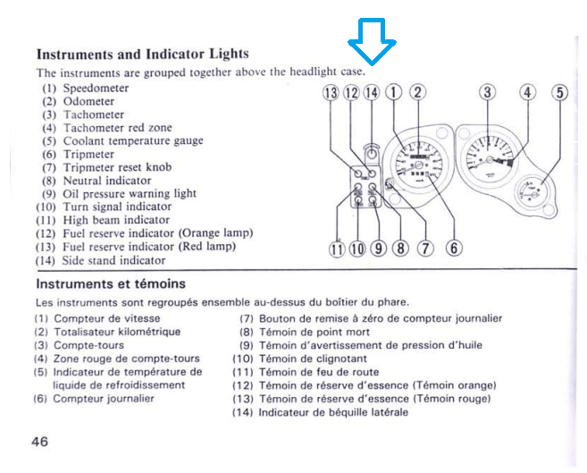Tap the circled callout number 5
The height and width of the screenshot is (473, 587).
point(560,92)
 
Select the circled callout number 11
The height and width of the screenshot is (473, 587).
point(338,249)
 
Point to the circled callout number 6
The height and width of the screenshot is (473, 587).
point(453,249)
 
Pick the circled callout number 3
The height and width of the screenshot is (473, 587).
point(487,92)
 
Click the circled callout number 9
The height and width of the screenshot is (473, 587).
point(378,249)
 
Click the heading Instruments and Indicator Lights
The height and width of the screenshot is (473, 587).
point(142,54)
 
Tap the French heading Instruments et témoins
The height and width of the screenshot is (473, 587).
point(111,284)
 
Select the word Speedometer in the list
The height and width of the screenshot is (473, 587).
point(96,89)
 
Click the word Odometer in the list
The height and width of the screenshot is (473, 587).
point(88,102)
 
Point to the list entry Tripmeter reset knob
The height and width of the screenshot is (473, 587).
point(117,167)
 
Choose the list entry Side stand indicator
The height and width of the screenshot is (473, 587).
point(113,260)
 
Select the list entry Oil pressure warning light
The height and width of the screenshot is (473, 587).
point(130,193)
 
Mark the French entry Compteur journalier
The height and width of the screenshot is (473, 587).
point(104,399)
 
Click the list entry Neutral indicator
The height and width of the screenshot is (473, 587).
point(106,180)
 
